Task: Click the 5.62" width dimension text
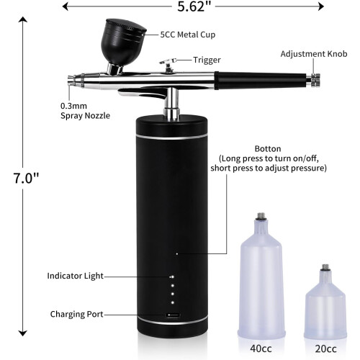[x=194, y=6]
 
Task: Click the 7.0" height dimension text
[x=26, y=178]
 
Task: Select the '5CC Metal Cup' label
[x=188, y=35]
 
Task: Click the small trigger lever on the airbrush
[x=168, y=63]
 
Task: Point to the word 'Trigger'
[x=207, y=60]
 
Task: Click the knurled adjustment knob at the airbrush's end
[x=315, y=81]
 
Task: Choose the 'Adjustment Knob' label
[x=314, y=54]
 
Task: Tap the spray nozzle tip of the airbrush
[x=71, y=81]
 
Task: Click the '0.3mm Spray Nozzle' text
[x=85, y=111]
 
